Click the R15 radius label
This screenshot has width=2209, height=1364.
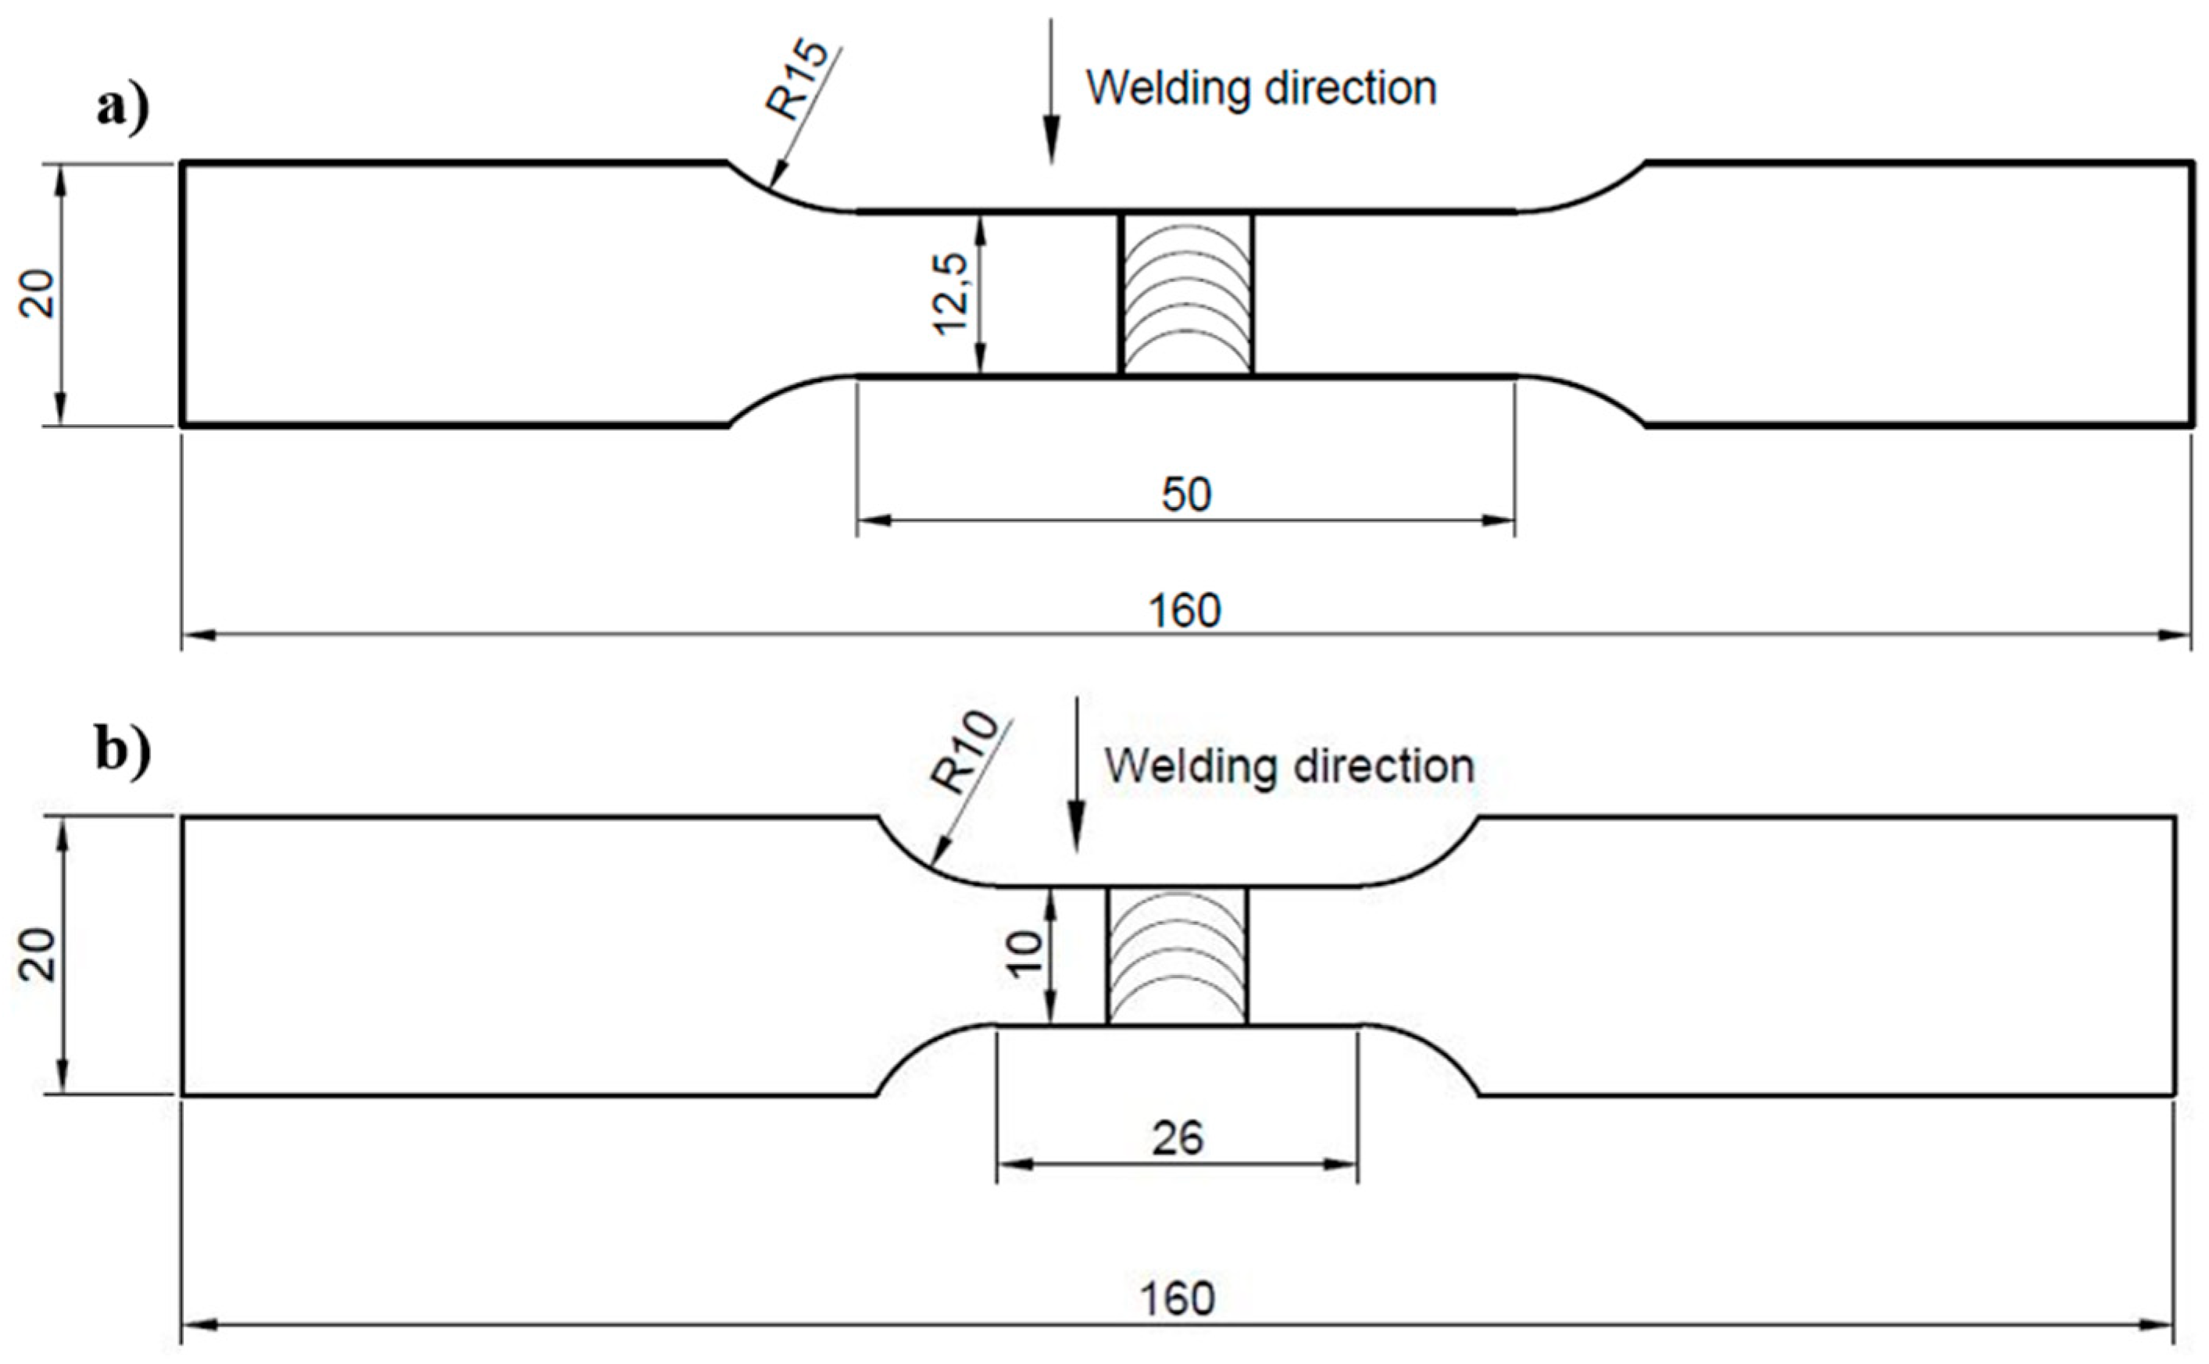pyautogui.click(x=796, y=80)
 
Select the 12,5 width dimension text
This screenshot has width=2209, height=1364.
pyautogui.click(x=951, y=294)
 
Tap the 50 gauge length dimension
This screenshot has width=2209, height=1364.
pyautogui.click(x=1185, y=495)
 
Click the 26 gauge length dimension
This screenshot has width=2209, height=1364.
pyautogui.click(x=1177, y=1138)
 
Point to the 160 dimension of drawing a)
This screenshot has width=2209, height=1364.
pyautogui.click(x=1184, y=611)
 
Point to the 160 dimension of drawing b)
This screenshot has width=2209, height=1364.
pyautogui.click(x=1177, y=1299)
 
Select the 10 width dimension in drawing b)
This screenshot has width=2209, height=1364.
pyautogui.click(x=1025, y=955)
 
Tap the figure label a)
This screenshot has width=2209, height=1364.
pyautogui.click(x=123, y=110)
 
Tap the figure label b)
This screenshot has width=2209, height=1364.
pyautogui.click(x=123, y=751)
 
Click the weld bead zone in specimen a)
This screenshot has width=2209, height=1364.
pyautogui.click(x=1185, y=294)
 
